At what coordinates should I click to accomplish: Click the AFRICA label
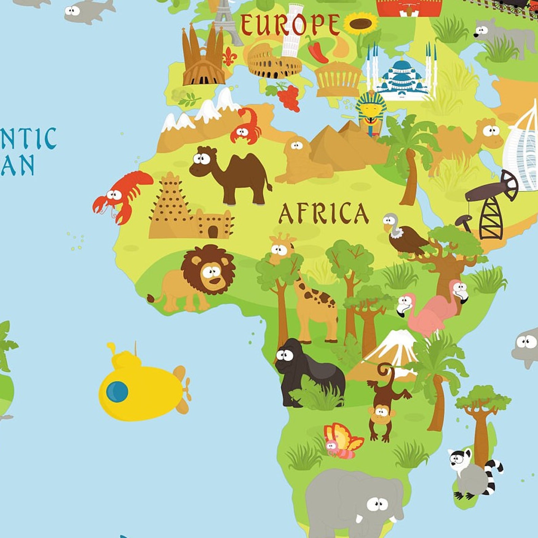point(323,213)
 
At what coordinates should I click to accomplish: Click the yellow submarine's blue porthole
point(117,392)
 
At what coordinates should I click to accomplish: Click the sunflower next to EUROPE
point(361,24)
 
